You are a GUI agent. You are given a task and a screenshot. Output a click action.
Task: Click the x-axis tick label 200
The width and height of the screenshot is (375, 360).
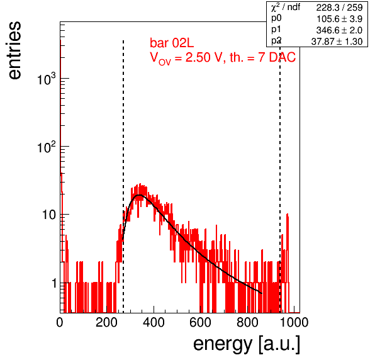click(x=106, y=323)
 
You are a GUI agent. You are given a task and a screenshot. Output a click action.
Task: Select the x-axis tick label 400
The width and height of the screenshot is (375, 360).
click(x=154, y=323)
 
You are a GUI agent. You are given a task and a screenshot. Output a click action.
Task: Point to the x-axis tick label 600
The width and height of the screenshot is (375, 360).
click(x=201, y=323)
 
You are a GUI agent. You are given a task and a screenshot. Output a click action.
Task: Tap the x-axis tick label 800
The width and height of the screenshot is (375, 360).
click(x=247, y=323)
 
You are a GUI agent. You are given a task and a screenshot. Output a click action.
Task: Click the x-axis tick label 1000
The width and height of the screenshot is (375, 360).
click(x=294, y=323)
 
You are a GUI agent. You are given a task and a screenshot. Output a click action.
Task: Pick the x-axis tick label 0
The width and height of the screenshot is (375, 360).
click(x=60, y=323)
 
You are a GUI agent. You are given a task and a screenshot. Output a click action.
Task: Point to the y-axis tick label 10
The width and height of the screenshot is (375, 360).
click(x=49, y=215)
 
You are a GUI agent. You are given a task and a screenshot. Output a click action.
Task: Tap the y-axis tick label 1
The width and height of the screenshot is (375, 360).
click(x=54, y=283)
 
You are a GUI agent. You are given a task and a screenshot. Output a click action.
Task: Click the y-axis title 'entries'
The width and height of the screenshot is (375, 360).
click(x=14, y=50)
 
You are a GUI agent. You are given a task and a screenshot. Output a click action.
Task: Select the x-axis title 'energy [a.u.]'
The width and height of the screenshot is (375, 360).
click(x=247, y=345)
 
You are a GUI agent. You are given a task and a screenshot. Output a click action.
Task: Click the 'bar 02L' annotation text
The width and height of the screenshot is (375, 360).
click(x=172, y=43)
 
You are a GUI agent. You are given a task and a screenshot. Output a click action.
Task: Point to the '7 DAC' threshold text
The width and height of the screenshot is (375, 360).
click(x=277, y=57)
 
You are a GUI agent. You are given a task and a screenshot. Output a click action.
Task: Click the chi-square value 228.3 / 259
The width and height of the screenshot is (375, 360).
click(x=339, y=8)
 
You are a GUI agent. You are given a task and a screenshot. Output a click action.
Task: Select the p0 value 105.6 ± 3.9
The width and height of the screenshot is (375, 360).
click(x=339, y=19)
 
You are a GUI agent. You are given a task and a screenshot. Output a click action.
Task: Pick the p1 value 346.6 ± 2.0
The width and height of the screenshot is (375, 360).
click(x=339, y=30)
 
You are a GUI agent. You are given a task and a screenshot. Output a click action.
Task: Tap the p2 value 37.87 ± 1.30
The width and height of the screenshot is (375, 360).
click(x=337, y=42)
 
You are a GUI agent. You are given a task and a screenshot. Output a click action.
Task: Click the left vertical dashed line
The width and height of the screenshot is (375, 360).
click(x=123, y=176)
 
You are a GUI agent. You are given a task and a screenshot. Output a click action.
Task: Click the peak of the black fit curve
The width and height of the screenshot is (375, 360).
click(x=139, y=195)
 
